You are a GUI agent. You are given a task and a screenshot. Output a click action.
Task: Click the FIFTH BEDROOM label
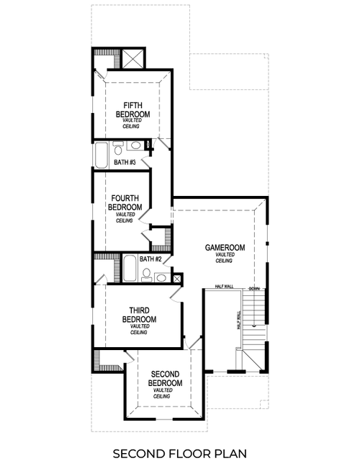click(136, 109)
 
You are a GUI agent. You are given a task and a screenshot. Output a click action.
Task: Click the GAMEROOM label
click(224, 248)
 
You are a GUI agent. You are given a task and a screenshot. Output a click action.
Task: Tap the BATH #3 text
click(125, 163)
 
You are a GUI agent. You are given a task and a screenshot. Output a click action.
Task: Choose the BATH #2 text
click(150, 259)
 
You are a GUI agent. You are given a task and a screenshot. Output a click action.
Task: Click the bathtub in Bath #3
click(102, 153)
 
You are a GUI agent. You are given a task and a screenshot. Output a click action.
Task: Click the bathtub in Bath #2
click(130, 269)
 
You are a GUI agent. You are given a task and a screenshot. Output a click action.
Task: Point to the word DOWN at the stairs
click(254, 288)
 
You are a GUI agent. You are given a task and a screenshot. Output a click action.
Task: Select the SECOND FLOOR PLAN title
click(180, 453)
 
